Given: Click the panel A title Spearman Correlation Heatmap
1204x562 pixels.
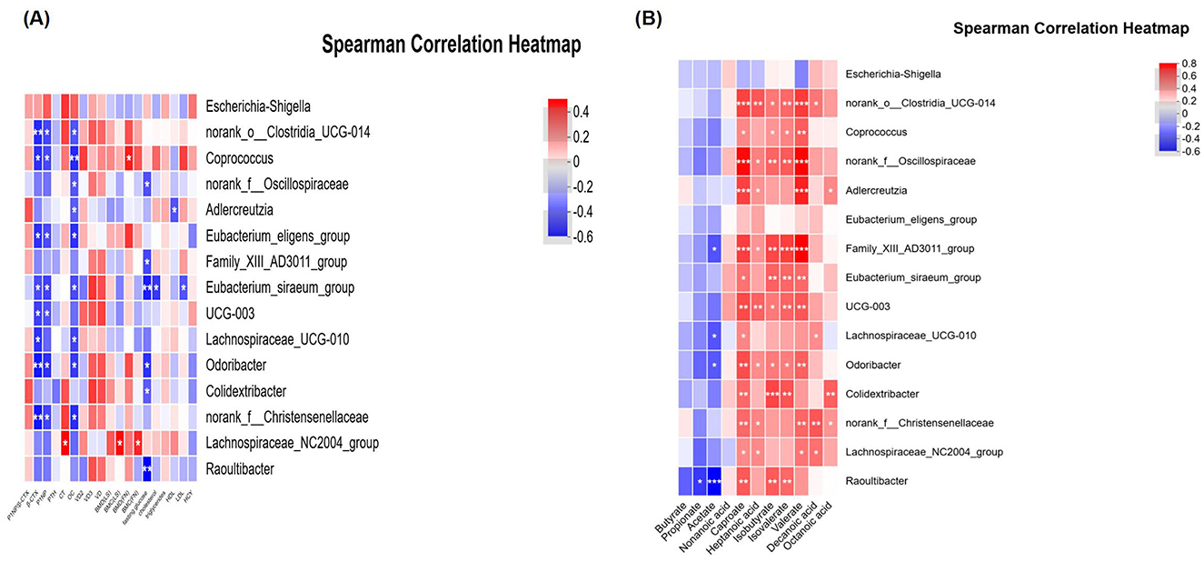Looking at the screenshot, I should [x=451, y=45].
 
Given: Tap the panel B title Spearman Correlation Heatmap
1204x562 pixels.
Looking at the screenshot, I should [x=1071, y=29].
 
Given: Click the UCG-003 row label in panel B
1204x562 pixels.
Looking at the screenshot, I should [x=869, y=306].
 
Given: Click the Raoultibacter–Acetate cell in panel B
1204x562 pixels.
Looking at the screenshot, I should [x=715, y=481].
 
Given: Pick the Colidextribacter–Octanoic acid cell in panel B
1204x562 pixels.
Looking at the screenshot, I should [x=831, y=394].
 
